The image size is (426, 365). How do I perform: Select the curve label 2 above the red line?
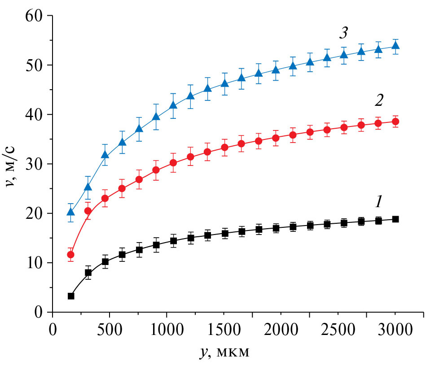[378, 101]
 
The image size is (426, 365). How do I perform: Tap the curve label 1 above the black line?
[378, 203]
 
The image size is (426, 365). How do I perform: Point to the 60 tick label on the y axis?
[33, 16]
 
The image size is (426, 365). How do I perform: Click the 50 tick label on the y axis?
[33, 65]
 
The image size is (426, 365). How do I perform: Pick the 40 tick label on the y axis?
[33, 115]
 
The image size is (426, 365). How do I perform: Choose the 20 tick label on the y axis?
[33, 213]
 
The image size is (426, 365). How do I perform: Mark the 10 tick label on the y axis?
[33, 263]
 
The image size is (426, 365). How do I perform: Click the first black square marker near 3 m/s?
[71, 296]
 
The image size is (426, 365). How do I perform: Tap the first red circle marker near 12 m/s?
[70, 255]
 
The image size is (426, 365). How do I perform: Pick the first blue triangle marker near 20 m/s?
[71, 212]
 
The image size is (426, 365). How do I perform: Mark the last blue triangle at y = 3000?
[395, 46]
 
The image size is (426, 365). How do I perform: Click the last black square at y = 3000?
[395, 219]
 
